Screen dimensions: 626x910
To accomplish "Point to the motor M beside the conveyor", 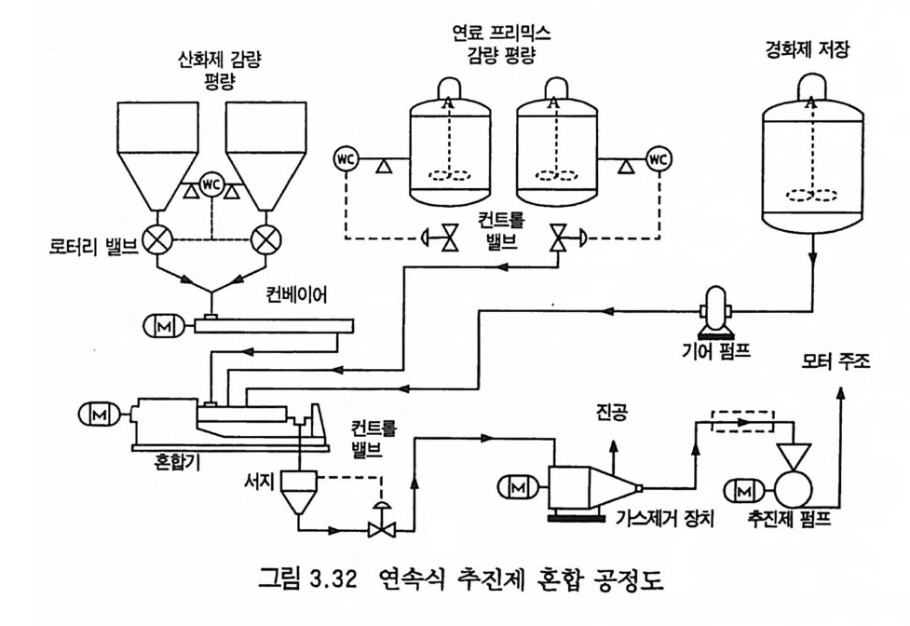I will point(160,325).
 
